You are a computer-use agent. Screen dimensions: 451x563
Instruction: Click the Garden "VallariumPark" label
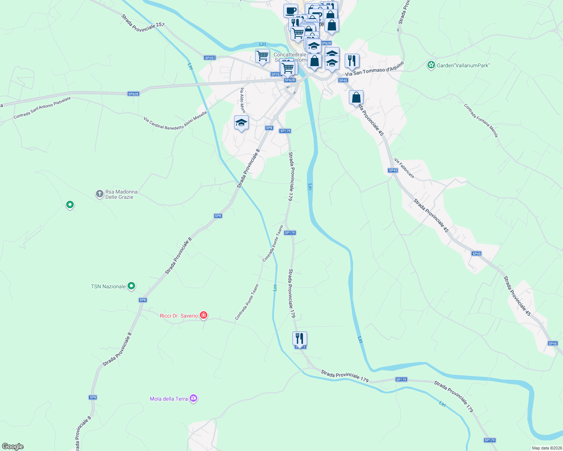click(463, 65)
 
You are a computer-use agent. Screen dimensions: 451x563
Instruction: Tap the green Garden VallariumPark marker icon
click(431, 65)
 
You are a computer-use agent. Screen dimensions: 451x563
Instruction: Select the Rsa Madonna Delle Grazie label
click(121, 194)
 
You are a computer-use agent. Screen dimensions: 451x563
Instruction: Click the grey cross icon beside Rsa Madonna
click(99, 194)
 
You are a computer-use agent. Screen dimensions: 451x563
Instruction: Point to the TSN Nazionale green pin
click(131, 286)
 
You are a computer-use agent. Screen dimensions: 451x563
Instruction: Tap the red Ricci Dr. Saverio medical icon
click(204, 315)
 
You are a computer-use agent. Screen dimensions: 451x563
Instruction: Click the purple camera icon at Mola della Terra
click(193, 398)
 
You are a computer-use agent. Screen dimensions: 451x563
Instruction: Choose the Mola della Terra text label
click(169, 399)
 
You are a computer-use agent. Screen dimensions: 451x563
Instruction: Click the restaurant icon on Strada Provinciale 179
click(300, 339)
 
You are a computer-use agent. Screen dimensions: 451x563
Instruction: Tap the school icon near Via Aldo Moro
click(241, 123)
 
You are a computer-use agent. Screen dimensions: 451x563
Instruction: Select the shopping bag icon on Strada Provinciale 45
click(356, 98)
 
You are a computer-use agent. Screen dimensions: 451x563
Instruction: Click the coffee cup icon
click(290, 11)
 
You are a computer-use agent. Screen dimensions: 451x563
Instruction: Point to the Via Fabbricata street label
click(404, 168)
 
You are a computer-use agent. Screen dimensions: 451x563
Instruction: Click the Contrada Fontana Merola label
click(481, 121)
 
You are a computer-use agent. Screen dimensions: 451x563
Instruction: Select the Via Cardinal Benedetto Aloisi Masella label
click(175, 120)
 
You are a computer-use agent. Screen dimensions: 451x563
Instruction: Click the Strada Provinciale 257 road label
click(143, 23)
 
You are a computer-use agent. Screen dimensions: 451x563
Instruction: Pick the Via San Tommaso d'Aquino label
click(374, 69)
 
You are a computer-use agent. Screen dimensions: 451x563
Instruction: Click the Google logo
click(13, 446)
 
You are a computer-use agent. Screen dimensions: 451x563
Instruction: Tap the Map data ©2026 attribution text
click(546, 448)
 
